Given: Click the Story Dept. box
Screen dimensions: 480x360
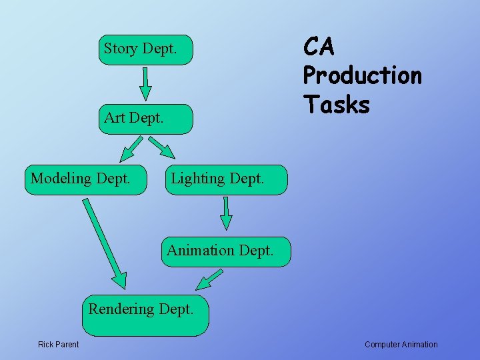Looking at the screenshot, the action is coord(145,50).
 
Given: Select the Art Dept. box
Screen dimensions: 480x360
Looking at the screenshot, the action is coord(145,119).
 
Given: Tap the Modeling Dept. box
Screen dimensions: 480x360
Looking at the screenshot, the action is coord(85,180).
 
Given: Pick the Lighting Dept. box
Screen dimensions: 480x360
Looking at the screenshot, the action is coord(227,180).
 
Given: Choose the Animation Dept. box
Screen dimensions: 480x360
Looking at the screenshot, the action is coord(227,252).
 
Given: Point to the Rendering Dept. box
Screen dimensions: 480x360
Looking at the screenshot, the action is coord(145,315).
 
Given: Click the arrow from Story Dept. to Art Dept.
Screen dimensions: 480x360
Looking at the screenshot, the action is coord(145,83).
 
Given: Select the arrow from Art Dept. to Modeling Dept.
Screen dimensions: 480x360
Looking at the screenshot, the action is coord(129,149).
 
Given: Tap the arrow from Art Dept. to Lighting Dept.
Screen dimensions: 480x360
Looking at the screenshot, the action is coord(161,147).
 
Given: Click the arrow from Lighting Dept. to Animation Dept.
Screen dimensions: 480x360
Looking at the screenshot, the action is coord(226,213).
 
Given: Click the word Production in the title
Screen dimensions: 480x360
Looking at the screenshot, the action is coord(362,76).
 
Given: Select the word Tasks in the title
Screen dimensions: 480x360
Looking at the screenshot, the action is coord(336,105).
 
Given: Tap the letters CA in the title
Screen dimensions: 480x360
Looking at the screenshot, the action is coord(319,47).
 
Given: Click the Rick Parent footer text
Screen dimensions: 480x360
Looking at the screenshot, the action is coord(58,345).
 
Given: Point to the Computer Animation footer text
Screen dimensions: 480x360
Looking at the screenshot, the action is coord(401,345).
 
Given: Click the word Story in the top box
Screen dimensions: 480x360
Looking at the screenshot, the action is coord(120,49).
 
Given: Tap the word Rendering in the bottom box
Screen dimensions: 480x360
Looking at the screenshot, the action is coord(119,309).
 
